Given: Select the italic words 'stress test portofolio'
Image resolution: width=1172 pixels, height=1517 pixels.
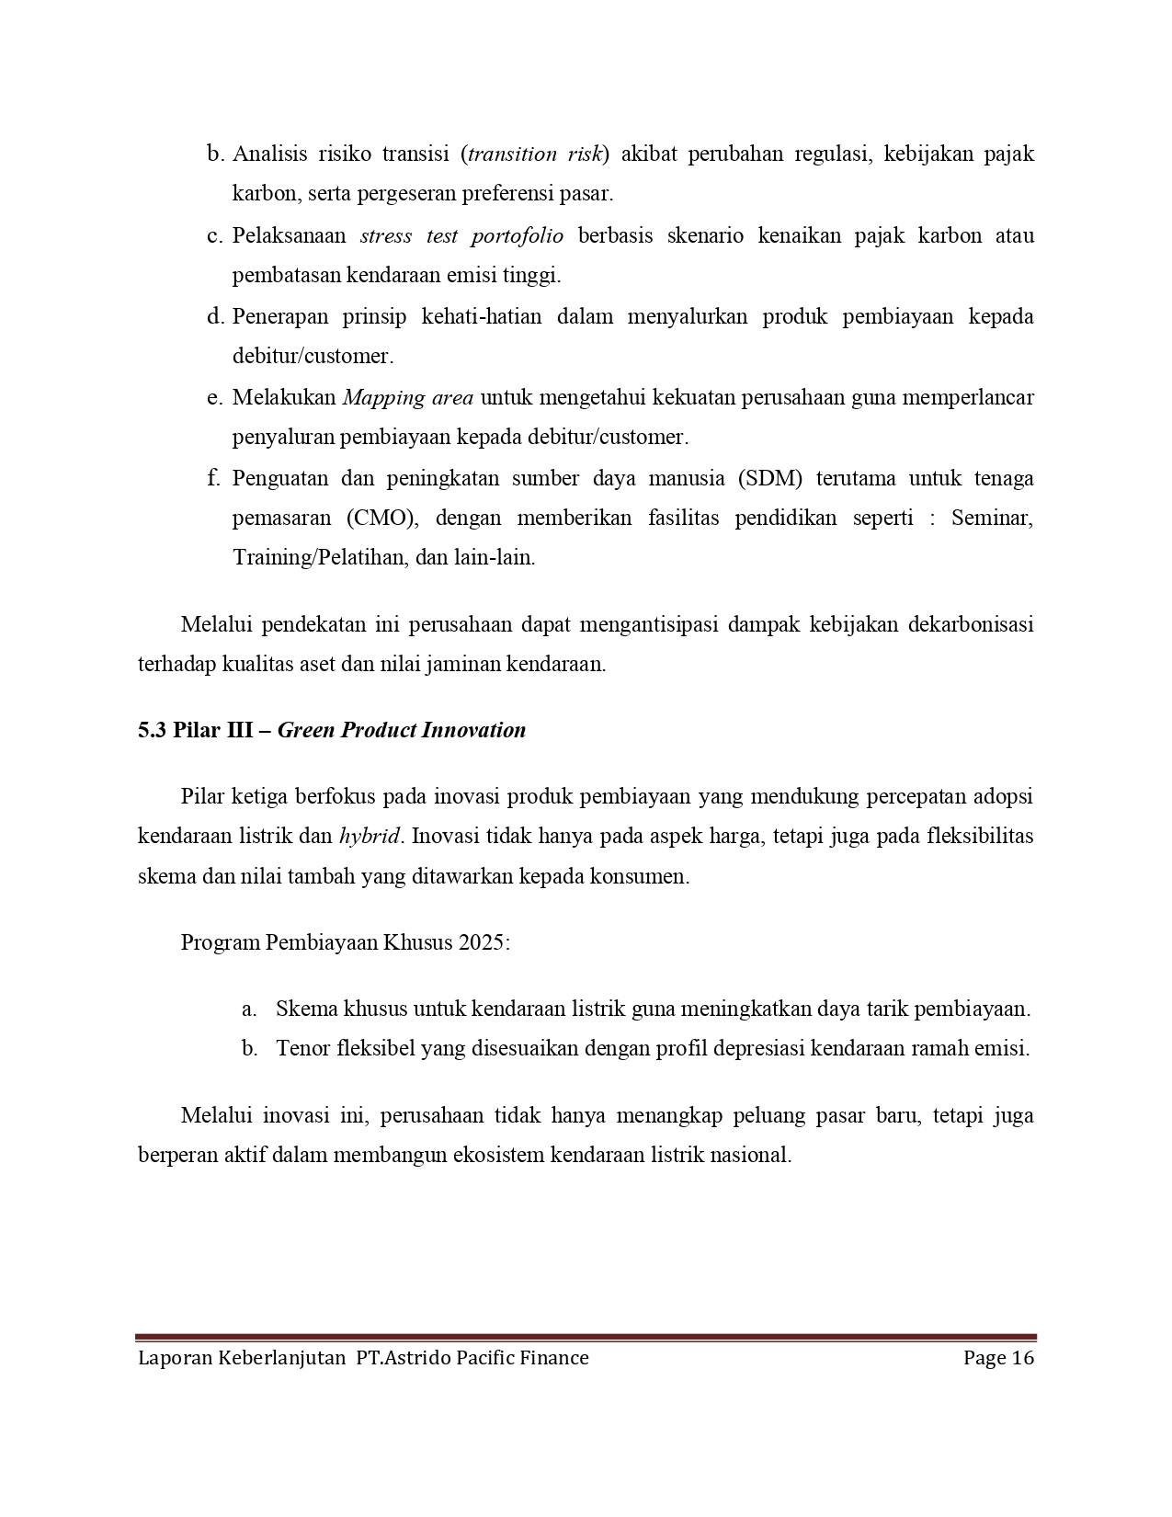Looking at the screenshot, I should [x=461, y=235].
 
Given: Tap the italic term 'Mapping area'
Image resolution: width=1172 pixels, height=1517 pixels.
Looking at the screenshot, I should [x=407, y=397].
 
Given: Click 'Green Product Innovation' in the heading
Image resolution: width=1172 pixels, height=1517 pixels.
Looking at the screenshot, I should [x=402, y=730].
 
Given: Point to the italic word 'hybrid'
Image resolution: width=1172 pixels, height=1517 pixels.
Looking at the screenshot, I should [x=370, y=837].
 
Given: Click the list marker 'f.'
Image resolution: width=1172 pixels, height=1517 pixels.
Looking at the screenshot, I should [x=213, y=478].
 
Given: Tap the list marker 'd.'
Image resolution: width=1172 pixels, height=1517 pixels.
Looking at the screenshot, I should [x=215, y=316].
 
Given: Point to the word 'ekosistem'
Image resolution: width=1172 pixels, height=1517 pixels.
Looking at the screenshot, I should [x=498, y=1155].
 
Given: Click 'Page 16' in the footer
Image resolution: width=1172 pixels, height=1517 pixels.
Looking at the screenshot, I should [x=998, y=1358].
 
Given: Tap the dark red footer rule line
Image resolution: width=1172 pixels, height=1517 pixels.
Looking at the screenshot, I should [x=586, y=1338].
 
